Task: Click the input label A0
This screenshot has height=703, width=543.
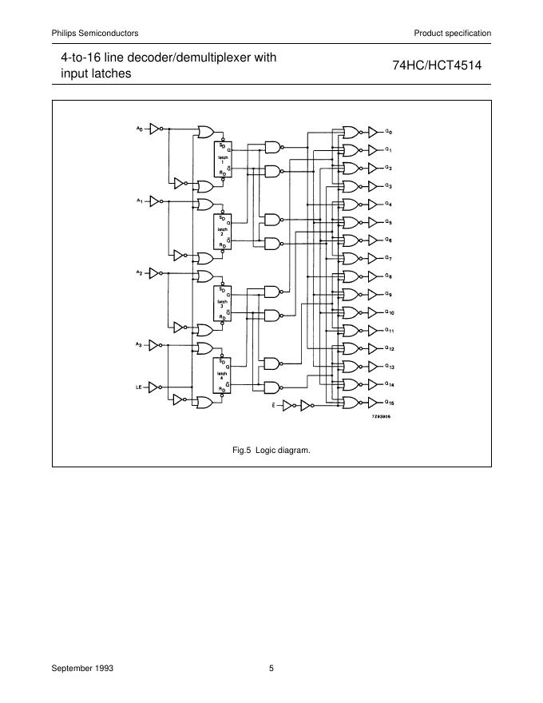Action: pyautogui.click(x=139, y=128)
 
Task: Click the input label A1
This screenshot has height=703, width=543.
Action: pyautogui.click(x=139, y=200)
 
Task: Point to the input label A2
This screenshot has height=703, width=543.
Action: pyautogui.click(x=139, y=272)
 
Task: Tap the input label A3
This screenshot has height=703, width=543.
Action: pyautogui.click(x=139, y=344)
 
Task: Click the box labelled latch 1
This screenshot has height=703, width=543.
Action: pyautogui.click(x=222, y=158)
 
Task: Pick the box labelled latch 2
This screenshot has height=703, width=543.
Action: pyautogui.click(x=222, y=230)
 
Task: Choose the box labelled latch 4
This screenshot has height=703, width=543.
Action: pyautogui.click(x=222, y=375)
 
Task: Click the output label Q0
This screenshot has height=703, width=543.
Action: pyautogui.click(x=389, y=131)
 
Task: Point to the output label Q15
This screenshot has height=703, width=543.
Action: pyautogui.click(x=390, y=402)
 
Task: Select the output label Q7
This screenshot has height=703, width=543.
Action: pyautogui.click(x=389, y=258)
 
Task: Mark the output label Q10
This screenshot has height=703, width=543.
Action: pyautogui.click(x=390, y=312)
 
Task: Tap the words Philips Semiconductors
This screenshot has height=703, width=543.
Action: pyautogui.click(x=95, y=33)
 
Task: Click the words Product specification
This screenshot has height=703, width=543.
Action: pyautogui.click(x=452, y=33)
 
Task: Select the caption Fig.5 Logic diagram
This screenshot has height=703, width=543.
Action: pyautogui.click(x=271, y=450)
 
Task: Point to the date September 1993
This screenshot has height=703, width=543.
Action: pyautogui.click(x=82, y=668)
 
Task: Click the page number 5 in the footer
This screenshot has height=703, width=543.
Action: pyautogui.click(x=271, y=668)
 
